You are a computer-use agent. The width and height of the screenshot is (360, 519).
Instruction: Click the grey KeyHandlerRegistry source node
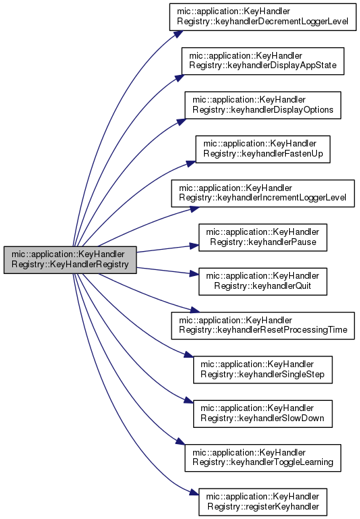tap(70, 260)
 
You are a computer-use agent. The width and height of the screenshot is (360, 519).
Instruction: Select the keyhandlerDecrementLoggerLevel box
tap(263, 17)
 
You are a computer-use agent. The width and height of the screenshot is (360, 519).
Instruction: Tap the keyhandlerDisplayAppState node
tap(263, 61)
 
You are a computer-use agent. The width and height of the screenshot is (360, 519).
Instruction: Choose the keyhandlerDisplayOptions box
tap(263, 105)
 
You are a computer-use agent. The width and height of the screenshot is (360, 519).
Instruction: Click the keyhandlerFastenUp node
tap(263, 149)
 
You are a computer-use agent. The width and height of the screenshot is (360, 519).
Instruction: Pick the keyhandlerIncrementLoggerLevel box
tap(263, 193)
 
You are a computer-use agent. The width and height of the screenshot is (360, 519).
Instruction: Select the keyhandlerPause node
tap(263, 238)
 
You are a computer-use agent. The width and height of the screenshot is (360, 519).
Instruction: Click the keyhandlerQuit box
tap(263, 281)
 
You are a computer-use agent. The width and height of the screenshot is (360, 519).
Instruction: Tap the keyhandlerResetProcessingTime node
tap(263, 325)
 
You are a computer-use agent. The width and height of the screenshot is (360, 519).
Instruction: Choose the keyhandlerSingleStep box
tap(263, 370)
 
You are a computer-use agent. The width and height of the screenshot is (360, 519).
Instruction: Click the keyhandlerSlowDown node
tap(263, 414)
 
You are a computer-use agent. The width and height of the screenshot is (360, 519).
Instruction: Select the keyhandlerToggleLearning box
tap(263, 458)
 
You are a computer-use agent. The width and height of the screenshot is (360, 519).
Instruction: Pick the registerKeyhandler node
tap(263, 501)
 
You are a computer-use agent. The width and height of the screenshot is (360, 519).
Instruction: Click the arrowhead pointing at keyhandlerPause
tap(194, 246)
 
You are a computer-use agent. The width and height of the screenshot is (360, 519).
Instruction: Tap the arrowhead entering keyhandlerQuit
tap(194, 273)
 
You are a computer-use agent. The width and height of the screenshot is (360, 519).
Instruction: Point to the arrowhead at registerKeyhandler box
tap(195, 493)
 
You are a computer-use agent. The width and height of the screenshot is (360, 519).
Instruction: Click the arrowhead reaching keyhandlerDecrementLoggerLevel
tap(178, 34)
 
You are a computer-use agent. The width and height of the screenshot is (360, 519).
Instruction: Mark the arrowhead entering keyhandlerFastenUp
tap(191, 163)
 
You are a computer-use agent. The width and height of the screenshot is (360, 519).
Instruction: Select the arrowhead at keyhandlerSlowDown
tap(188, 400)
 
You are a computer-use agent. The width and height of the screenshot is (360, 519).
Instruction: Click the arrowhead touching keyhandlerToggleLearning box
tap(180, 441)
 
